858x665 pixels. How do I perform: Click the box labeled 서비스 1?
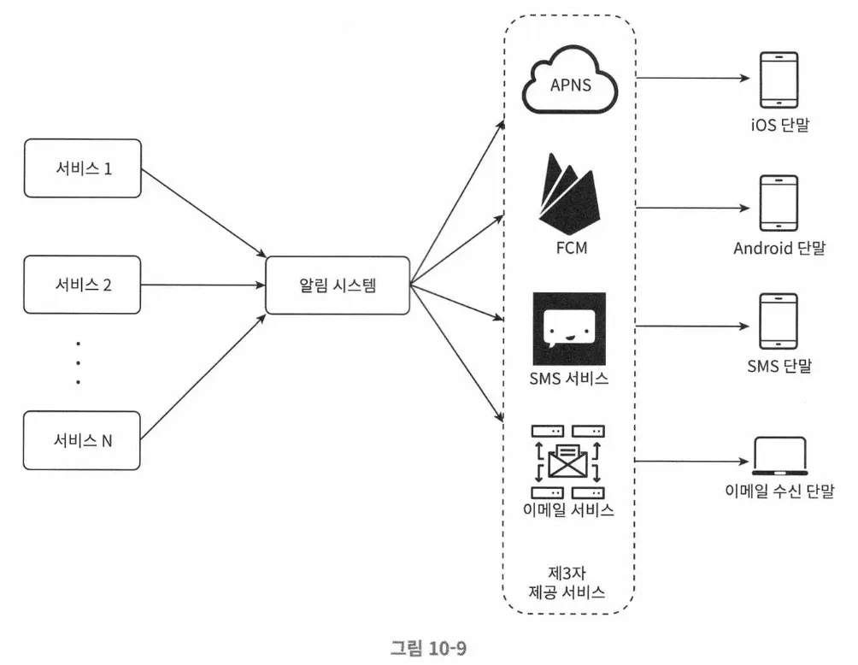tap(82, 168)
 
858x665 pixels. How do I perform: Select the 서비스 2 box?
tap(82, 285)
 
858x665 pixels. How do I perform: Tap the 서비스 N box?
tap(82, 440)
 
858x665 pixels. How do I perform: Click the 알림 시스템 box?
tap(338, 285)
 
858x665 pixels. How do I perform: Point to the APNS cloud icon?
tap(569, 84)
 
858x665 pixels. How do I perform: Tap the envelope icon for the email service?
tap(568, 462)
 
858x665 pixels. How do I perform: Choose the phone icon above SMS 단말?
tap(779, 323)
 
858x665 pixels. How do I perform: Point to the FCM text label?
tap(569, 250)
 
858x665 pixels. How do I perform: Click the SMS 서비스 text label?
tap(569, 379)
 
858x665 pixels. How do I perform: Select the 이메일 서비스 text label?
tap(569, 511)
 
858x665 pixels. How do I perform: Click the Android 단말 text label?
tap(779, 249)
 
